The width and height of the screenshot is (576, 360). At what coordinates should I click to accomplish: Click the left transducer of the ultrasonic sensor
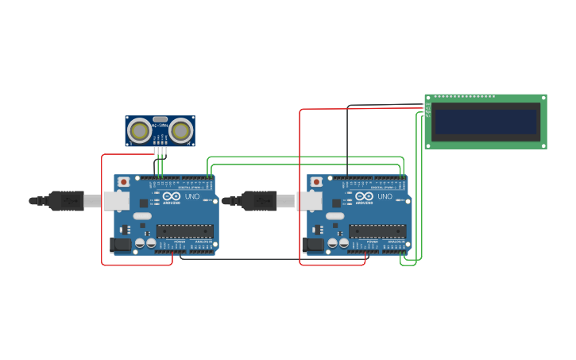[x=140, y=130]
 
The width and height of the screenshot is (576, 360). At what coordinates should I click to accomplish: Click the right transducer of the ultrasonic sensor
[x=181, y=130]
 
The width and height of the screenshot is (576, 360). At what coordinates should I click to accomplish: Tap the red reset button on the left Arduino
[x=123, y=182]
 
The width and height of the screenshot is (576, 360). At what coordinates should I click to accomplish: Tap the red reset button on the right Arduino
[x=316, y=182]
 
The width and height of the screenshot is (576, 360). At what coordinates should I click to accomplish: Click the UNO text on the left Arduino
[x=192, y=196]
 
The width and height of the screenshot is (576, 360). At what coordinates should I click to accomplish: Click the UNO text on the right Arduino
[x=385, y=196]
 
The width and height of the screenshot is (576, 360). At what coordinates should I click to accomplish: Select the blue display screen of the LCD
[x=485, y=122]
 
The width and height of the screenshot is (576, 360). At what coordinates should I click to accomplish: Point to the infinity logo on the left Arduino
[x=172, y=195]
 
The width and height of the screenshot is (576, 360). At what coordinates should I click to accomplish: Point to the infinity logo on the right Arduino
[x=365, y=195]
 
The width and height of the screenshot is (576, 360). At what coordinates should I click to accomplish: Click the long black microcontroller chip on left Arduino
[x=185, y=231]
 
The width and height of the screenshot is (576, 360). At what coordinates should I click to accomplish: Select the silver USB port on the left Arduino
[x=116, y=200]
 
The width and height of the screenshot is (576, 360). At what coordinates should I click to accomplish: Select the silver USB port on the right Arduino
[x=309, y=200]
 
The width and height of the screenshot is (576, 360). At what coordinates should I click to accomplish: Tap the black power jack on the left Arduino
[x=120, y=245]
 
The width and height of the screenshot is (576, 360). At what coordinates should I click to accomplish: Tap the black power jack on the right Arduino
[x=313, y=245]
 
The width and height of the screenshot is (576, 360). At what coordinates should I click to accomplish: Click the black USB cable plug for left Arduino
[x=67, y=201]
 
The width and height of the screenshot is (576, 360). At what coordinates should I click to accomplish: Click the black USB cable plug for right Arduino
[x=260, y=201]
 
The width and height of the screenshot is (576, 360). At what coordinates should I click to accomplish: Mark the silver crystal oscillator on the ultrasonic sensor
[x=160, y=119]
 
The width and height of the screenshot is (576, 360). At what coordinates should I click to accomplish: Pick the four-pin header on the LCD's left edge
[x=427, y=110]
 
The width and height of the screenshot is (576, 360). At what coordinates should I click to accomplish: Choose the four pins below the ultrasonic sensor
[x=160, y=151]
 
